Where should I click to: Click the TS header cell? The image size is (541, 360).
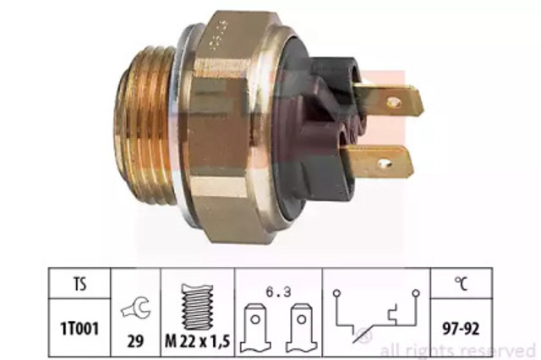(x=79, y=283)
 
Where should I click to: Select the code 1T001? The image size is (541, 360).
(x=79, y=329)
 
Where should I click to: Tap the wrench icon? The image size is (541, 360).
(x=135, y=308)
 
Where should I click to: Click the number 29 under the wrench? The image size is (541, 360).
(x=135, y=341)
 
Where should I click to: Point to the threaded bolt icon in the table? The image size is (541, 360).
(x=197, y=307)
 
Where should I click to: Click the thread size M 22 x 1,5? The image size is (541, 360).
(x=197, y=341)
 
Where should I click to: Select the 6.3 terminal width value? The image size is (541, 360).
(x=278, y=292)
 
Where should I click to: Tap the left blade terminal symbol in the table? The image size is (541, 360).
(x=255, y=328)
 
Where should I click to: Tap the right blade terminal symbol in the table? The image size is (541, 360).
(x=302, y=328)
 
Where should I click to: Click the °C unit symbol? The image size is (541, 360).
(x=462, y=283)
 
